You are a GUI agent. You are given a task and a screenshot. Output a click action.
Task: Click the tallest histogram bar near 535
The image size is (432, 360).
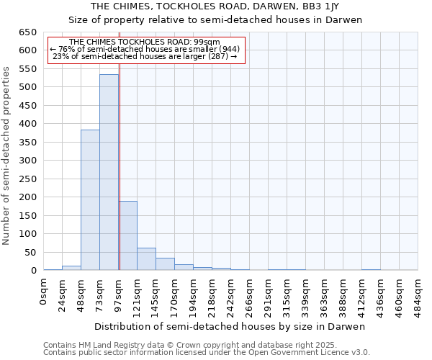pos(109,173)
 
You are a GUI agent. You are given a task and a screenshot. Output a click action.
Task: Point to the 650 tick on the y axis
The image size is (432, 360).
pos(28,32)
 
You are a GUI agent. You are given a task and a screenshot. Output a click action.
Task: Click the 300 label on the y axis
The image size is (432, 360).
pos(28,161)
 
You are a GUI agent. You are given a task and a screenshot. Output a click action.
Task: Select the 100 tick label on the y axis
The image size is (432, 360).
pos(28,234)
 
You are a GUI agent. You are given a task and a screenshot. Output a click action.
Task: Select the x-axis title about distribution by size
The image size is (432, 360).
pos(230,326)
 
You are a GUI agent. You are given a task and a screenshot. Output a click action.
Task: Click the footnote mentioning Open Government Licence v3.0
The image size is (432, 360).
pos(207,353)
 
